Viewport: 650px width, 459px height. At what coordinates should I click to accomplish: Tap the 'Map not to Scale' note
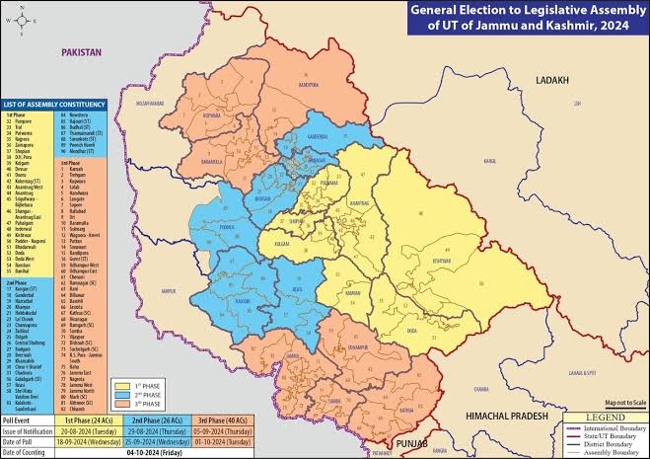pos(626,403)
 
